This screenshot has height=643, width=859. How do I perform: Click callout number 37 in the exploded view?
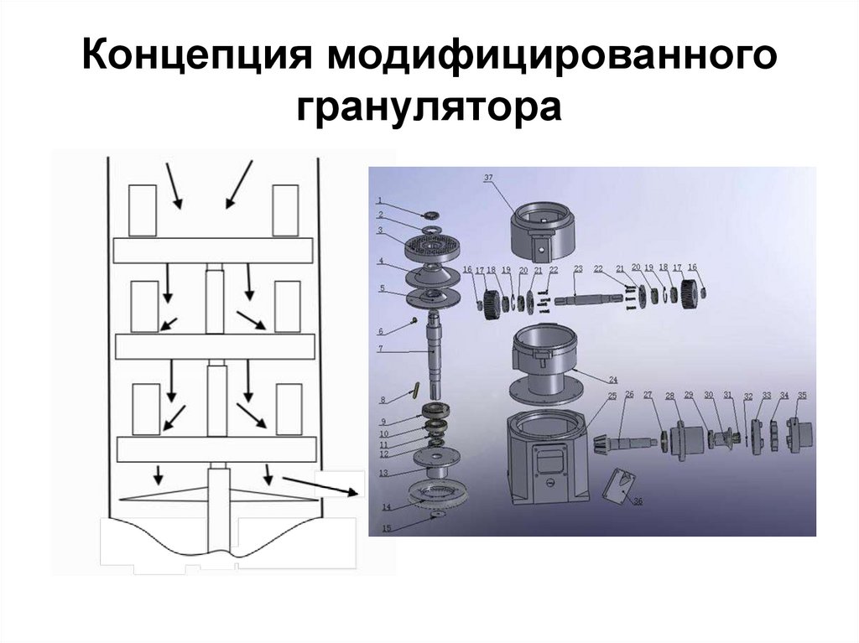tap(489, 178)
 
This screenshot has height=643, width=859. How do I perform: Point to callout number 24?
tap(613, 378)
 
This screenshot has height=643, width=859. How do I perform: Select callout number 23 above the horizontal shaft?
tap(578, 268)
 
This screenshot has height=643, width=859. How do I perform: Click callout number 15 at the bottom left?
tap(386, 529)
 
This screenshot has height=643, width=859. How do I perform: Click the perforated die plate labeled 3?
tap(435, 246)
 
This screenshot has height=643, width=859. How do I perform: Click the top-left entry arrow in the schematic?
tap(175, 185)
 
